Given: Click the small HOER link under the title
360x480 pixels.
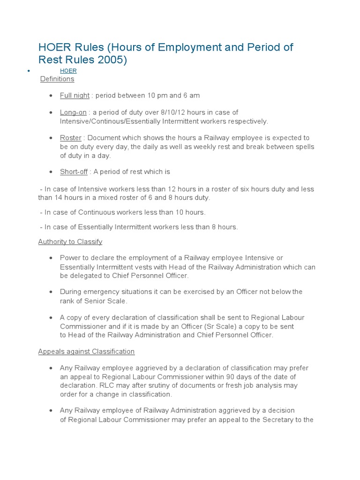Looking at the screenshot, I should (x=68, y=71).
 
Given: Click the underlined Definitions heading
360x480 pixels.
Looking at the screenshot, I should (x=57, y=79).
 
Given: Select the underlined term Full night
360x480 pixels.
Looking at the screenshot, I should (x=75, y=96).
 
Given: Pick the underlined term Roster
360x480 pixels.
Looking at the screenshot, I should (x=71, y=138).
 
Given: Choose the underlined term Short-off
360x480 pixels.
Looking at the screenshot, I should (x=74, y=172).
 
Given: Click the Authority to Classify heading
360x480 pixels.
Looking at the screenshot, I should (x=70, y=242).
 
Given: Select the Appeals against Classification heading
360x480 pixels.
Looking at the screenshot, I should (x=86, y=352).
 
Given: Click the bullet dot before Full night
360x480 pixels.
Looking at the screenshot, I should (x=51, y=96).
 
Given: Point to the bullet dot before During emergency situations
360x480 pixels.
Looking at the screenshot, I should (x=51, y=292).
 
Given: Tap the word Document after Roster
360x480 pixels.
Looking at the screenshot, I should (x=102, y=138).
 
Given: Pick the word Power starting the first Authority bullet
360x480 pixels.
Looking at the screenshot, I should (x=69, y=258).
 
